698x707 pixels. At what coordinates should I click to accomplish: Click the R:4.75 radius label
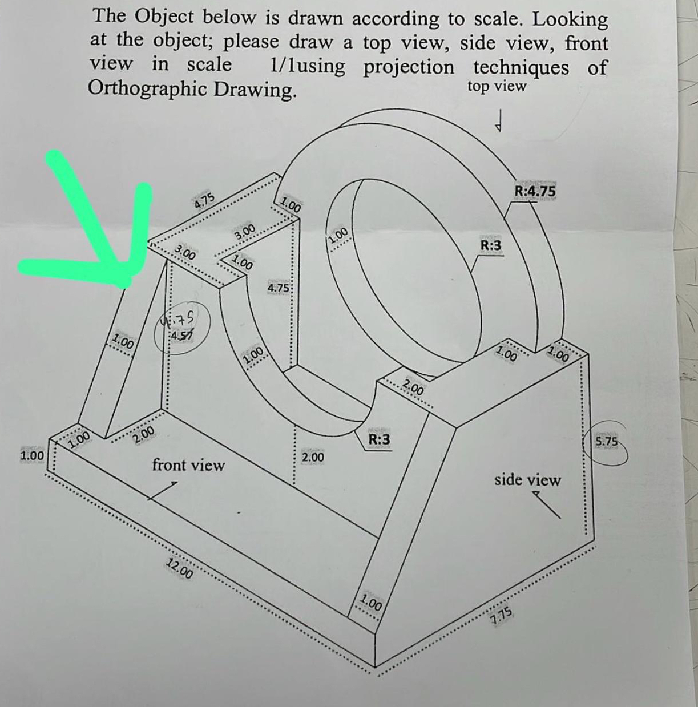[535, 191]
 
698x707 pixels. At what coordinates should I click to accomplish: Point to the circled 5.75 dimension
[607, 442]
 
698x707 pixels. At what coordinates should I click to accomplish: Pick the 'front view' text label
[188, 465]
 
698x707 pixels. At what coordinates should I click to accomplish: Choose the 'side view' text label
[527, 480]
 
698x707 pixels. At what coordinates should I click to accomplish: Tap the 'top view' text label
[497, 86]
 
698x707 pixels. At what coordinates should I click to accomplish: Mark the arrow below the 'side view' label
[546, 504]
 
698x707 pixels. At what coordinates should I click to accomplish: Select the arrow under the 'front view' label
[163, 491]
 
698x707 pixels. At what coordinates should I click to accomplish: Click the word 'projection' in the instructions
[409, 67]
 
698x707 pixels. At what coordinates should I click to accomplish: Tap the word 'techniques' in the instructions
[521, 67]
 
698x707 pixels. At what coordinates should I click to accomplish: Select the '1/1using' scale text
[307, 66]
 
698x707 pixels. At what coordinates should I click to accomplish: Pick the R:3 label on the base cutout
[379, 439]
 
